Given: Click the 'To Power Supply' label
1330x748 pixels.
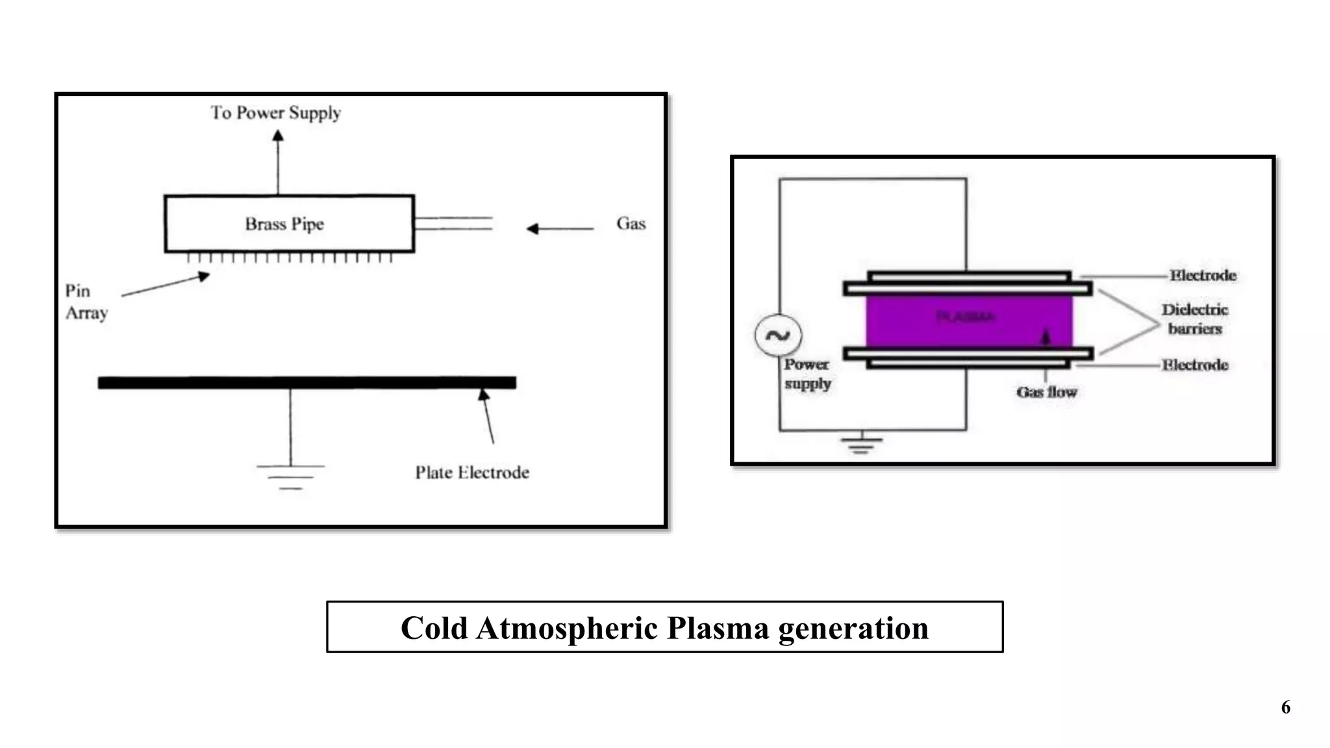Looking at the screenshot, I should click(x=275, y=113).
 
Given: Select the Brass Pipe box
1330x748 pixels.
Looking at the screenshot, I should click(x=289, y=223).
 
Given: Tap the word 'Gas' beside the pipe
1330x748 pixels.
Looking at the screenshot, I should click(x=631, y=223).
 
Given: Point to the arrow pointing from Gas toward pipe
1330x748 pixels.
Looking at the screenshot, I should click(x=558, y=229).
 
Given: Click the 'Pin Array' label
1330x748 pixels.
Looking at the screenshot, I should click(x=85, y=302).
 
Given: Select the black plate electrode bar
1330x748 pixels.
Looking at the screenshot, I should click(x=307, y=382).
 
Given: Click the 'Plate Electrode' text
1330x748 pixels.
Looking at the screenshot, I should click(x=472, y=472).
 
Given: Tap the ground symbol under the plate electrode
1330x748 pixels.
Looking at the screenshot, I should click(x=290, y=477).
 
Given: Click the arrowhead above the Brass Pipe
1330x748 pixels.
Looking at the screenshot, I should click(x=278, y=135).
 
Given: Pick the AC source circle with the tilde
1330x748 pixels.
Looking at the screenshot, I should click(x=778, y=335).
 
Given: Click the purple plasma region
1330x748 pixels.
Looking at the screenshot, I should click(x=968, y=321).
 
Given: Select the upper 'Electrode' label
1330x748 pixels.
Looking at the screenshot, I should click(x=1203, y=275).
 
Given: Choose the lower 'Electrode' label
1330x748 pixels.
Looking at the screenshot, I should click(x=1195, y=365).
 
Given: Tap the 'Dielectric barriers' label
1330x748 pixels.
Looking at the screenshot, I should click(x=1195, y=319).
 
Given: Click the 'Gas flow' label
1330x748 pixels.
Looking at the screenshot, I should click(x=1046, y=392).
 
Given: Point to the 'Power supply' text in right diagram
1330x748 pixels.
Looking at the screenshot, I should click(x=807, y=374).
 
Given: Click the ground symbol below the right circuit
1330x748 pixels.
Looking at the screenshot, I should click(x=861, y=443).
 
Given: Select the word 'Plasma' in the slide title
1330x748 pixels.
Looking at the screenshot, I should click(x=718, y=628).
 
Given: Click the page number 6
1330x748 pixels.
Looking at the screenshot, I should click(x=1285, y=707).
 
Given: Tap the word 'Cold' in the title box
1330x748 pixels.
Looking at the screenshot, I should click(x=434, y=628).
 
